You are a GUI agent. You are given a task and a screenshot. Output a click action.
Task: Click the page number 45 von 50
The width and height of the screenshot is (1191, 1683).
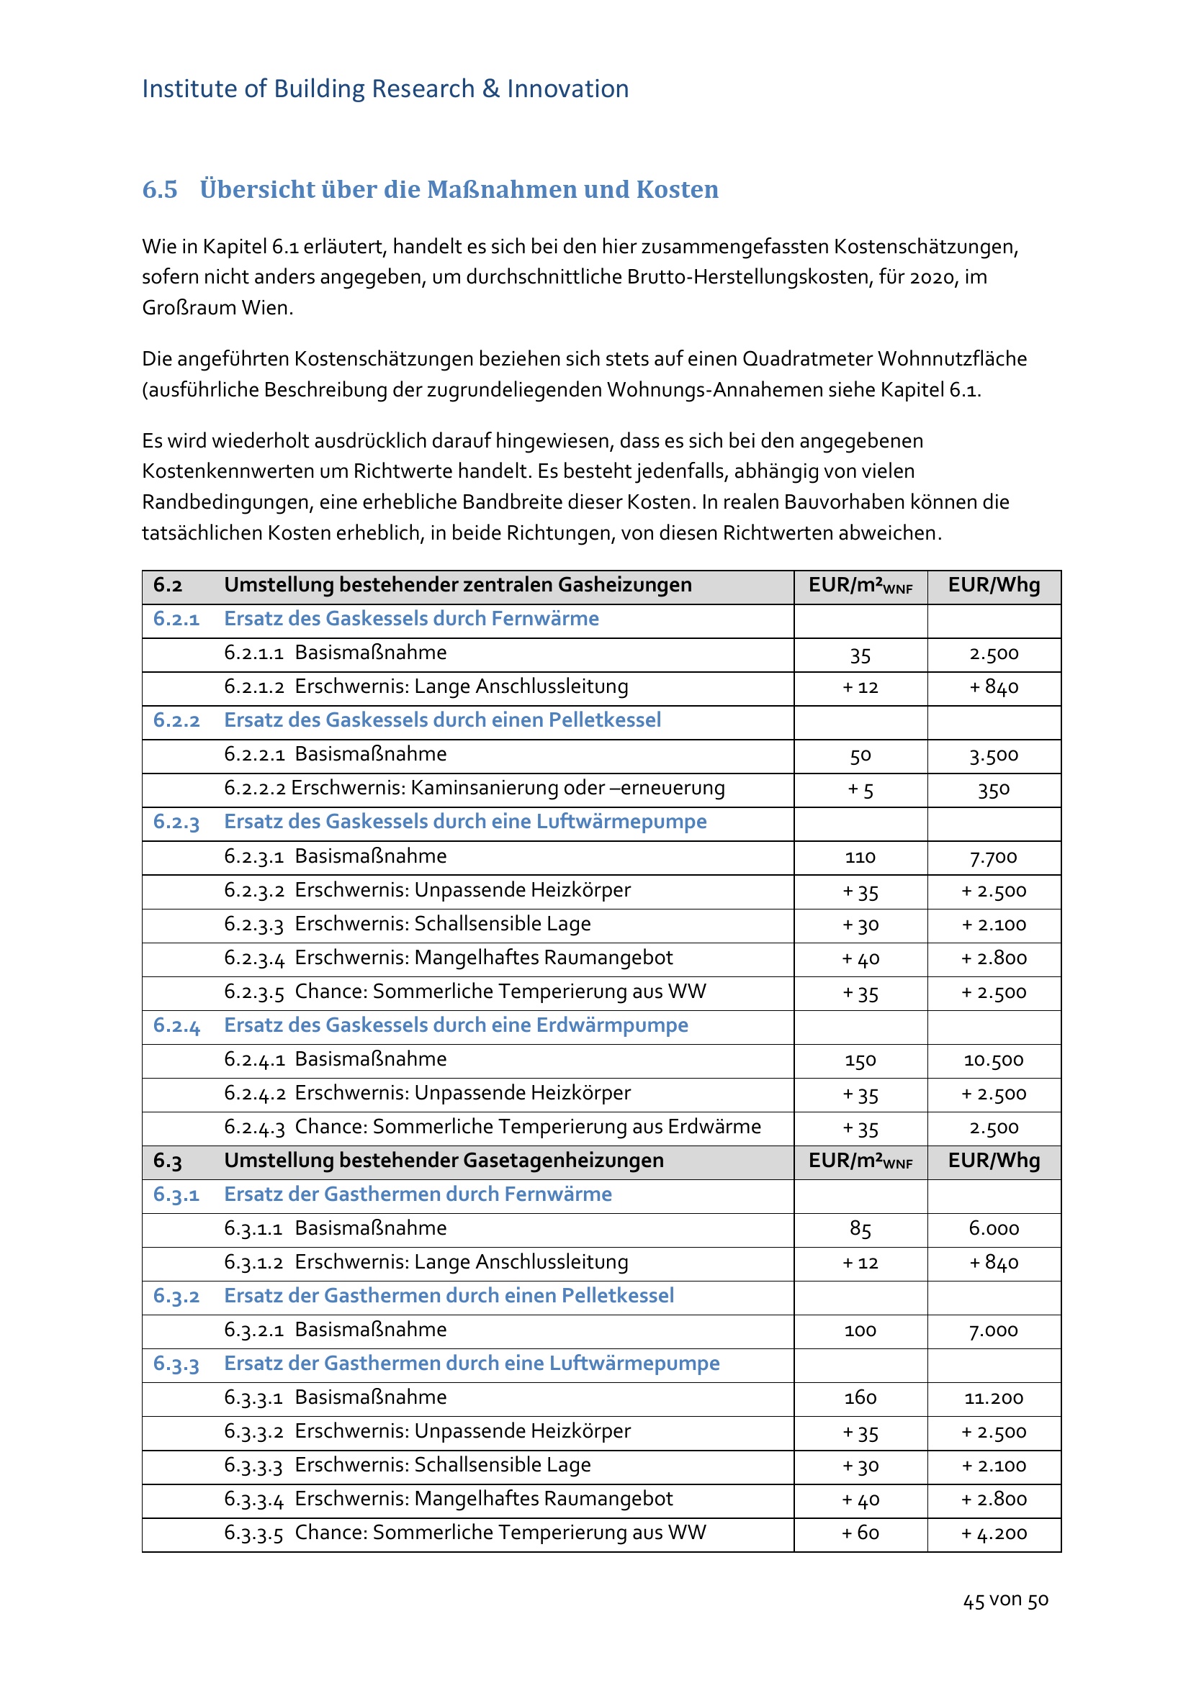1005,1600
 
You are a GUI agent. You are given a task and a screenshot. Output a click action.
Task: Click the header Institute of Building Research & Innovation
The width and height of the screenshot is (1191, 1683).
385,89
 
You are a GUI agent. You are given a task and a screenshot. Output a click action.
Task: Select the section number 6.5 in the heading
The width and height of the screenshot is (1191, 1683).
160,189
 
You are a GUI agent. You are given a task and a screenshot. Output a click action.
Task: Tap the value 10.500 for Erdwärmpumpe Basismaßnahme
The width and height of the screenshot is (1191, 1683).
993,1060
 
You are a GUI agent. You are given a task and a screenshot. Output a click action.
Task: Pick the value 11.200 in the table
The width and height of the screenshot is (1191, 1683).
993,1398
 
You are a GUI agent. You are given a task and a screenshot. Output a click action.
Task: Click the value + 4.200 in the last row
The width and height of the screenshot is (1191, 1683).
994,1533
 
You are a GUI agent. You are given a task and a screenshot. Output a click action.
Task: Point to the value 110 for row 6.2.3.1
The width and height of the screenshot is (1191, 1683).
860,857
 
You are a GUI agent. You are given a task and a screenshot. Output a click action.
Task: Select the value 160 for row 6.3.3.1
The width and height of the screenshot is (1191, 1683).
860,1398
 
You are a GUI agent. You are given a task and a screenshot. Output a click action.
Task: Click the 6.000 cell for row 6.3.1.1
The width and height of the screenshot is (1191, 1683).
993,1228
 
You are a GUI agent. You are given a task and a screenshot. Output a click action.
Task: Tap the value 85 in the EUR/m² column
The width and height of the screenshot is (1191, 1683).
860,1228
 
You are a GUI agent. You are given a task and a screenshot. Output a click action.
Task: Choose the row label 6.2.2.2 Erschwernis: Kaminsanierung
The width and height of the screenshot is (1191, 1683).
474,788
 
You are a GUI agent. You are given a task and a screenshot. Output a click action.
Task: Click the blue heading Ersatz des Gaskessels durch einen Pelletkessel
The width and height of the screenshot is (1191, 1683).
442,720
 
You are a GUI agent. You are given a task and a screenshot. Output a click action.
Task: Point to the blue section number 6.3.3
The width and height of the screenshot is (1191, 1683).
176,1364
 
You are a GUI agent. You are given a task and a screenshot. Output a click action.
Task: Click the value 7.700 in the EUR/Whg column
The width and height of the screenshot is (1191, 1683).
993,857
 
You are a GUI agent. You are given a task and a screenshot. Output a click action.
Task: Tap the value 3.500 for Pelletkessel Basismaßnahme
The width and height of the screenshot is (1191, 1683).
993,755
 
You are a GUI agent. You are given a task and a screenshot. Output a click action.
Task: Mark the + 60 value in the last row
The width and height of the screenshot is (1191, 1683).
860,1533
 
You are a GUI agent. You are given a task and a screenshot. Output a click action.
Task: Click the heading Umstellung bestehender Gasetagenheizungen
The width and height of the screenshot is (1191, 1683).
444,1161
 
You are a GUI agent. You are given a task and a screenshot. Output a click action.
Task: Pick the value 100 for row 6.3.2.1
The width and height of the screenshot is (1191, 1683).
860,1330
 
